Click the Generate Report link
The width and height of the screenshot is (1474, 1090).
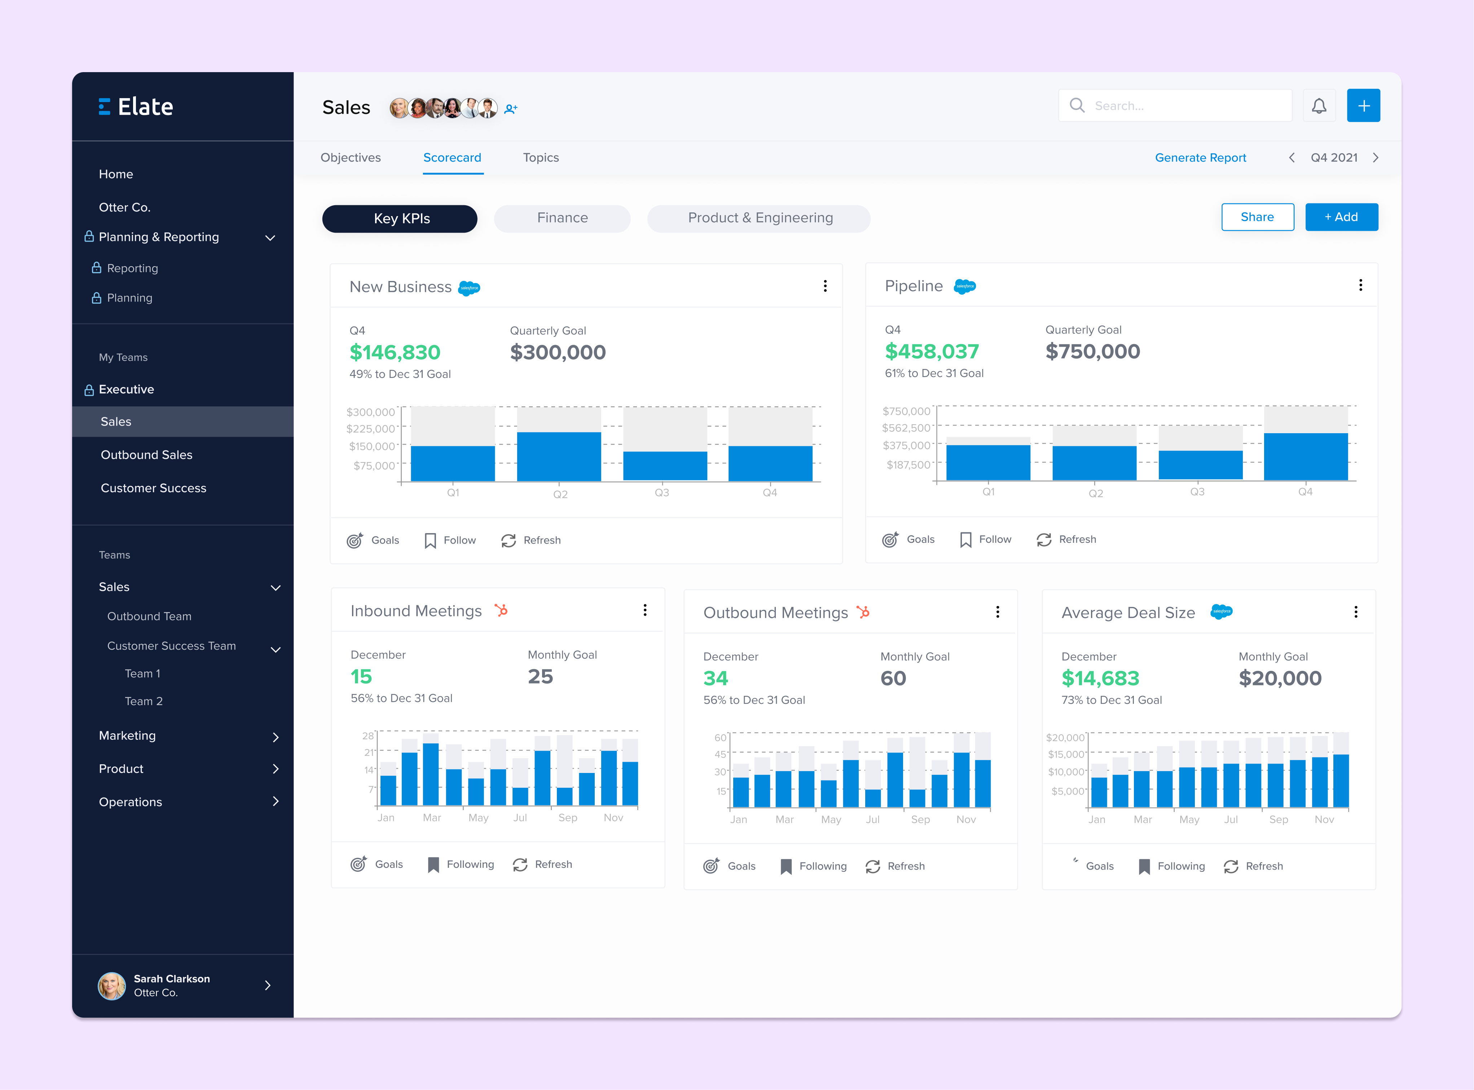1200,158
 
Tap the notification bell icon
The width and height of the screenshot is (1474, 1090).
1318,106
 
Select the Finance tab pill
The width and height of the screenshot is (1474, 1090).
562,218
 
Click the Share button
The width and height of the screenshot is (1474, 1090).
1257,217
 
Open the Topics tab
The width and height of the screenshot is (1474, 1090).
540,158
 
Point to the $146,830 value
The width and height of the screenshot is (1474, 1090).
395,352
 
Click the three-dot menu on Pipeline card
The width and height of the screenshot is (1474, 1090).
1360,285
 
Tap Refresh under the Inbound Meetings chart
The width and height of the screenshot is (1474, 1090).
543,864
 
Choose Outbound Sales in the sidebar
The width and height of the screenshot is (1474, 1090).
146,454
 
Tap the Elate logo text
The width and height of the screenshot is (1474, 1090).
145,107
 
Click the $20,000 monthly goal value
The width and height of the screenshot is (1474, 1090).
1279,678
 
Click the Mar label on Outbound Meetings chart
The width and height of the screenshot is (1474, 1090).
784,819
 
